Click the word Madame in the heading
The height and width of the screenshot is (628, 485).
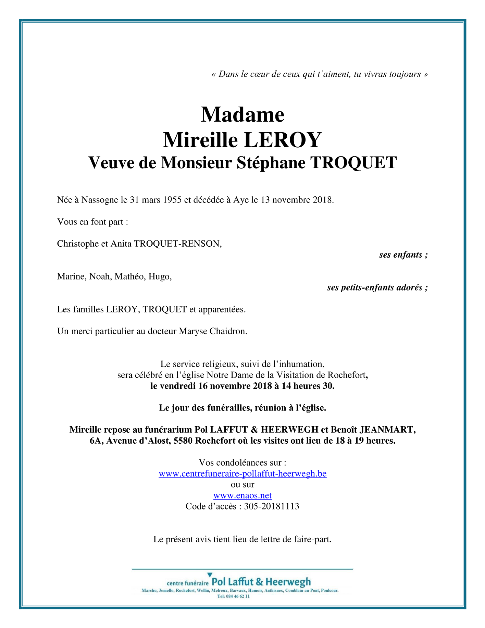coord(242,114)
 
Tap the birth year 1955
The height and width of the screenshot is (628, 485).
coord(172,200)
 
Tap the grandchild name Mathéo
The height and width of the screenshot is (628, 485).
coord(130,276)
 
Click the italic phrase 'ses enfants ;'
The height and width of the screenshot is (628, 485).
coord(403,255)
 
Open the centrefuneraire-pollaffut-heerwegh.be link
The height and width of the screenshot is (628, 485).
coord(242,474)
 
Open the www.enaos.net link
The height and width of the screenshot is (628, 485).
coord(242,496)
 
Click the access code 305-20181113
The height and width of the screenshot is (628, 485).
coord(271,506)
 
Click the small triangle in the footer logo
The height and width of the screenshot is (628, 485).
coord(210,575)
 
